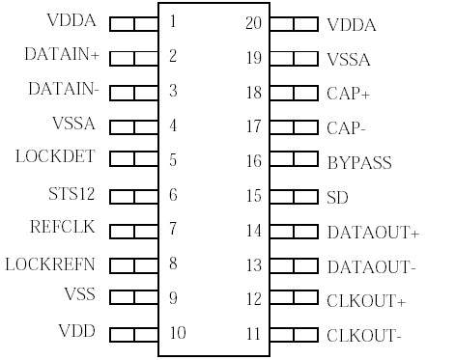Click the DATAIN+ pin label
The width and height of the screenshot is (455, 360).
click(61, 55)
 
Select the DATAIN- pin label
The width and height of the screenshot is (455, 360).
click(63, 90)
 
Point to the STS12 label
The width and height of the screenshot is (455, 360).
click(72, 193)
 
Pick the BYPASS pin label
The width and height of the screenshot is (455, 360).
click(359, 163)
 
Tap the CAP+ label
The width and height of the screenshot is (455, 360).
click(349, 94)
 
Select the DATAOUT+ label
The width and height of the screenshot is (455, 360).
click(373, 233)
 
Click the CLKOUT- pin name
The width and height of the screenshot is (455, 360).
click(364, 336)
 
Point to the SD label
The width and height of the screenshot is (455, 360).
click(337, 198)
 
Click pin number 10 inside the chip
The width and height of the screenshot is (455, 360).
click(177, 334)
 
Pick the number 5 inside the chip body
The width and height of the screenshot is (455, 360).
click(172, 160)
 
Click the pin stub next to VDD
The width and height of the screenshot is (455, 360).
click(133, 334)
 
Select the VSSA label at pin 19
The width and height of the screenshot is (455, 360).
click(349, 60)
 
